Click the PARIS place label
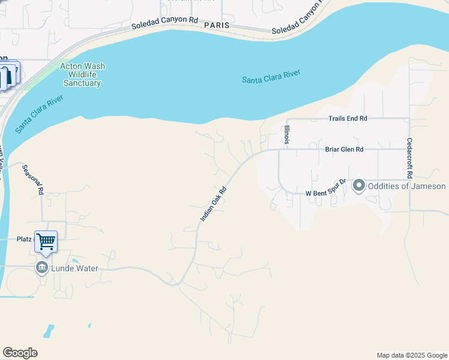point(217,26)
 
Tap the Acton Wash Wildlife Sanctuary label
point(80,75)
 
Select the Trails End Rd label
point(348,119)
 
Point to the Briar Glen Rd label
point(345,149)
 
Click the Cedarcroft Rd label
point(409,158)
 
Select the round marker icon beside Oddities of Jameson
point(359,186)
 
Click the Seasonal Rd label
point(34,179)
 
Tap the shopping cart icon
point(46,241)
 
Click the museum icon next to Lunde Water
point(42,268)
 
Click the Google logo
point(20,353)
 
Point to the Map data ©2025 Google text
point(412,355)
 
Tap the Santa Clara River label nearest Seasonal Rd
point(39,113)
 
